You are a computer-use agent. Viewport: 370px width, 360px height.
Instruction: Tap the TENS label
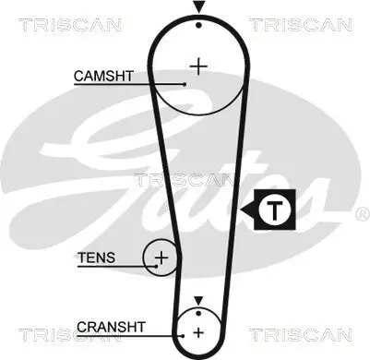pyautogui.click(x=97, y=258)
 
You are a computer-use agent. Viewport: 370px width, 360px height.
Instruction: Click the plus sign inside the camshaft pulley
pyautogui.click(x=197, y=66)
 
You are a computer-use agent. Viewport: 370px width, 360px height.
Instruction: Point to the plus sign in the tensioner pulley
pyautogui.click(x=161, y=257)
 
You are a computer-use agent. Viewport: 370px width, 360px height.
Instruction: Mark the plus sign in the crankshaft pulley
pyautogui.click(x=197, y=330)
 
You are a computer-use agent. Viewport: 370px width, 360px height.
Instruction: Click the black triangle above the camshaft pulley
pyautogui.click(x=197, y=7)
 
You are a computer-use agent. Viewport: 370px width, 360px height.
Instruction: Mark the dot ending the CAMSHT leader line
pyautogui.click(x=185, y=83)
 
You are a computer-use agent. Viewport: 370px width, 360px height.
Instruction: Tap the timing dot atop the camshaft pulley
pyautogui.click(x=197, y=25)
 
